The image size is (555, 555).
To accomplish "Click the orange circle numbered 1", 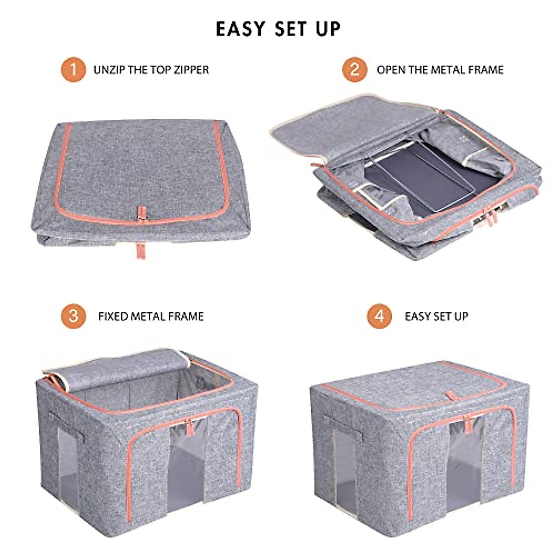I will coord(73,69).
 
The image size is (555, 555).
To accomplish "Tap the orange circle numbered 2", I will coord(355,69).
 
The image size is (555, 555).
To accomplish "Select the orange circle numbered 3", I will coord(73,316).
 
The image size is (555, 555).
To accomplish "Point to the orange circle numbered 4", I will coord(379,316).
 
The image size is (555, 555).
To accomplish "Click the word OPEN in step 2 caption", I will coord(391,70).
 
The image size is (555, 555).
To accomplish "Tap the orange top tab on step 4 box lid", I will coord(449,396).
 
